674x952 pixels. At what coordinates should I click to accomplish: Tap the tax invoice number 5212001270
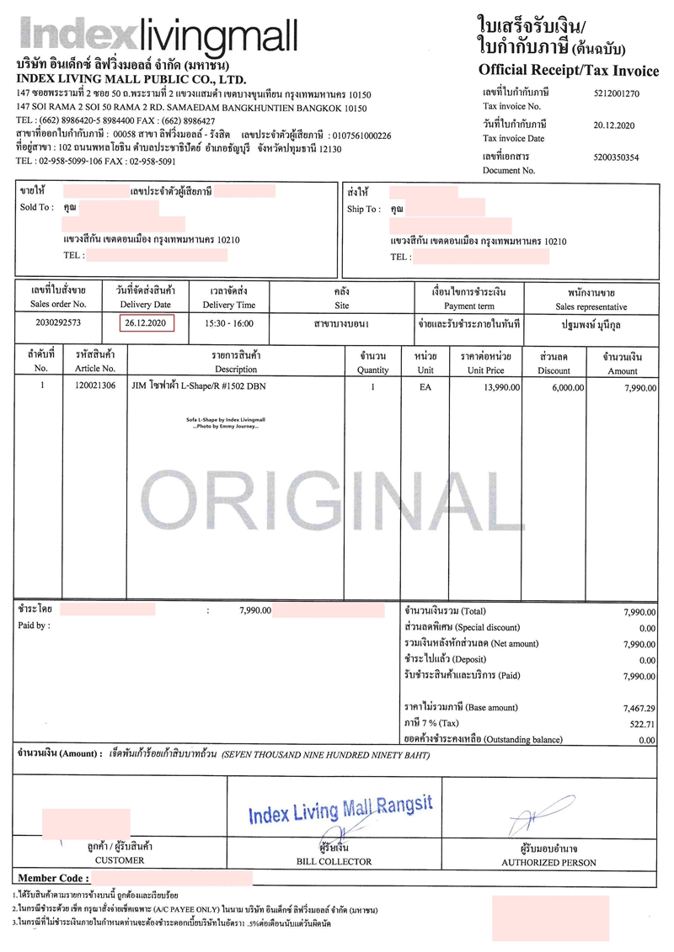(616, 93)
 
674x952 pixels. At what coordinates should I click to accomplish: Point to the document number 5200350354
(616, 157)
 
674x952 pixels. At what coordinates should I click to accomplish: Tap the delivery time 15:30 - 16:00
(229, 323)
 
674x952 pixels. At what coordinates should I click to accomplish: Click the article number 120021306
(95, 387)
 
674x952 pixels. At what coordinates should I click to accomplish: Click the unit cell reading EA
(425, 387)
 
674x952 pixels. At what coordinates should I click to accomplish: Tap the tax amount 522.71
(640, 724)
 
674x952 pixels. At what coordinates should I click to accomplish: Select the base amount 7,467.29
(639, 708)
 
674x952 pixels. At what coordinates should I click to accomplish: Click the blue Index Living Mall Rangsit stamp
(340, 811)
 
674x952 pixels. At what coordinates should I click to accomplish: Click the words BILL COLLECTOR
(334, 862)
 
